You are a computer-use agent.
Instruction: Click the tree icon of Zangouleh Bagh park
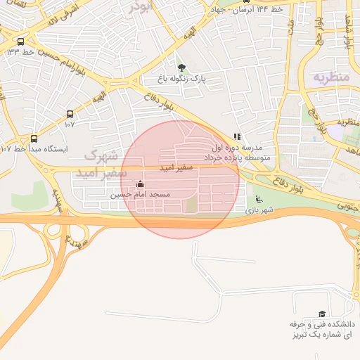click(x=183, y=68)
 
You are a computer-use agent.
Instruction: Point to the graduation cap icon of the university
click(x=322, y=314)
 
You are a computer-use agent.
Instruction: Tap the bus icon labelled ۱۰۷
click(x=70, y=114)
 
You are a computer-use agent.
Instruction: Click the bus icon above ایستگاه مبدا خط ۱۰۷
click(x=34, y=139)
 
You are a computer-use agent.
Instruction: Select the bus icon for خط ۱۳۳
click(x=20, y=41)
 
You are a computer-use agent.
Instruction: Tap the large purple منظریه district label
click(x=330, y=76)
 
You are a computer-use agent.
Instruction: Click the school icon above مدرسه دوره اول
click(x=237, y=137)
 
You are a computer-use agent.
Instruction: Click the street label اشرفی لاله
click(x=65, y=13)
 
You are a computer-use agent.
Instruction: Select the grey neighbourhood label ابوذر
click(x=139, y=7)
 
